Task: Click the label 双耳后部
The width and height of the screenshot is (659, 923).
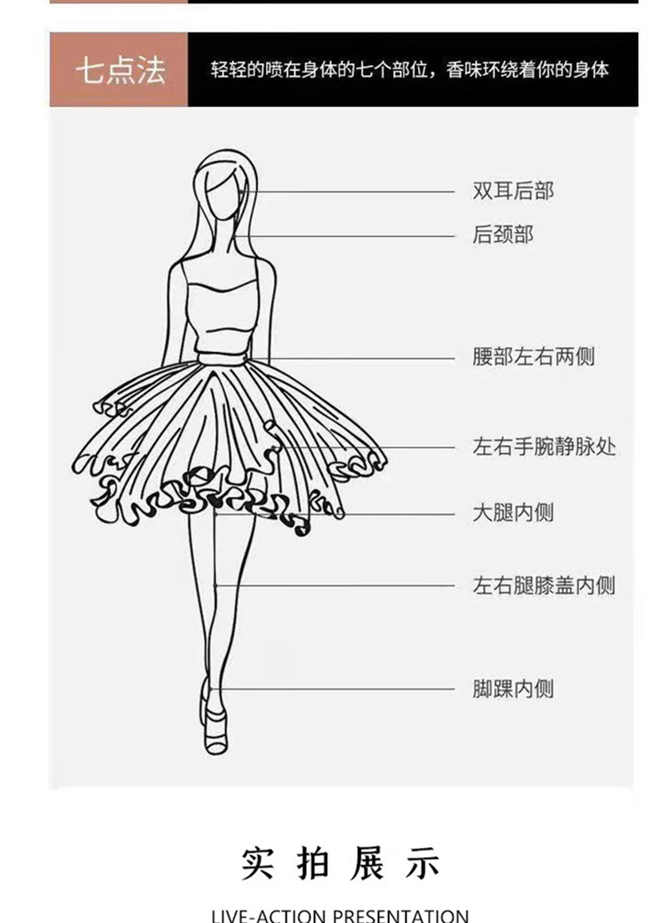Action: point(513,191)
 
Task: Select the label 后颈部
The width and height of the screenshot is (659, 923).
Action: point(502,235)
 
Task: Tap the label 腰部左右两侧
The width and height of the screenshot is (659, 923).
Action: point(534,358)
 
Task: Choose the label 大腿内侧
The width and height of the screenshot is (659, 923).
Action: point(513,512)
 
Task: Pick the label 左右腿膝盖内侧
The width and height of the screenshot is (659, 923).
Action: point(544,585)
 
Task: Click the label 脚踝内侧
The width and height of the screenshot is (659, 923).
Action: point(513,688)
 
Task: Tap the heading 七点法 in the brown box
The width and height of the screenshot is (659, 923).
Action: point(119,70)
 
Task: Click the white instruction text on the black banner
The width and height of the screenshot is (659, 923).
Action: point(410,70)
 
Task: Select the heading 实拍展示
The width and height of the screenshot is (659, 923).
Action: point(340,863)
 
